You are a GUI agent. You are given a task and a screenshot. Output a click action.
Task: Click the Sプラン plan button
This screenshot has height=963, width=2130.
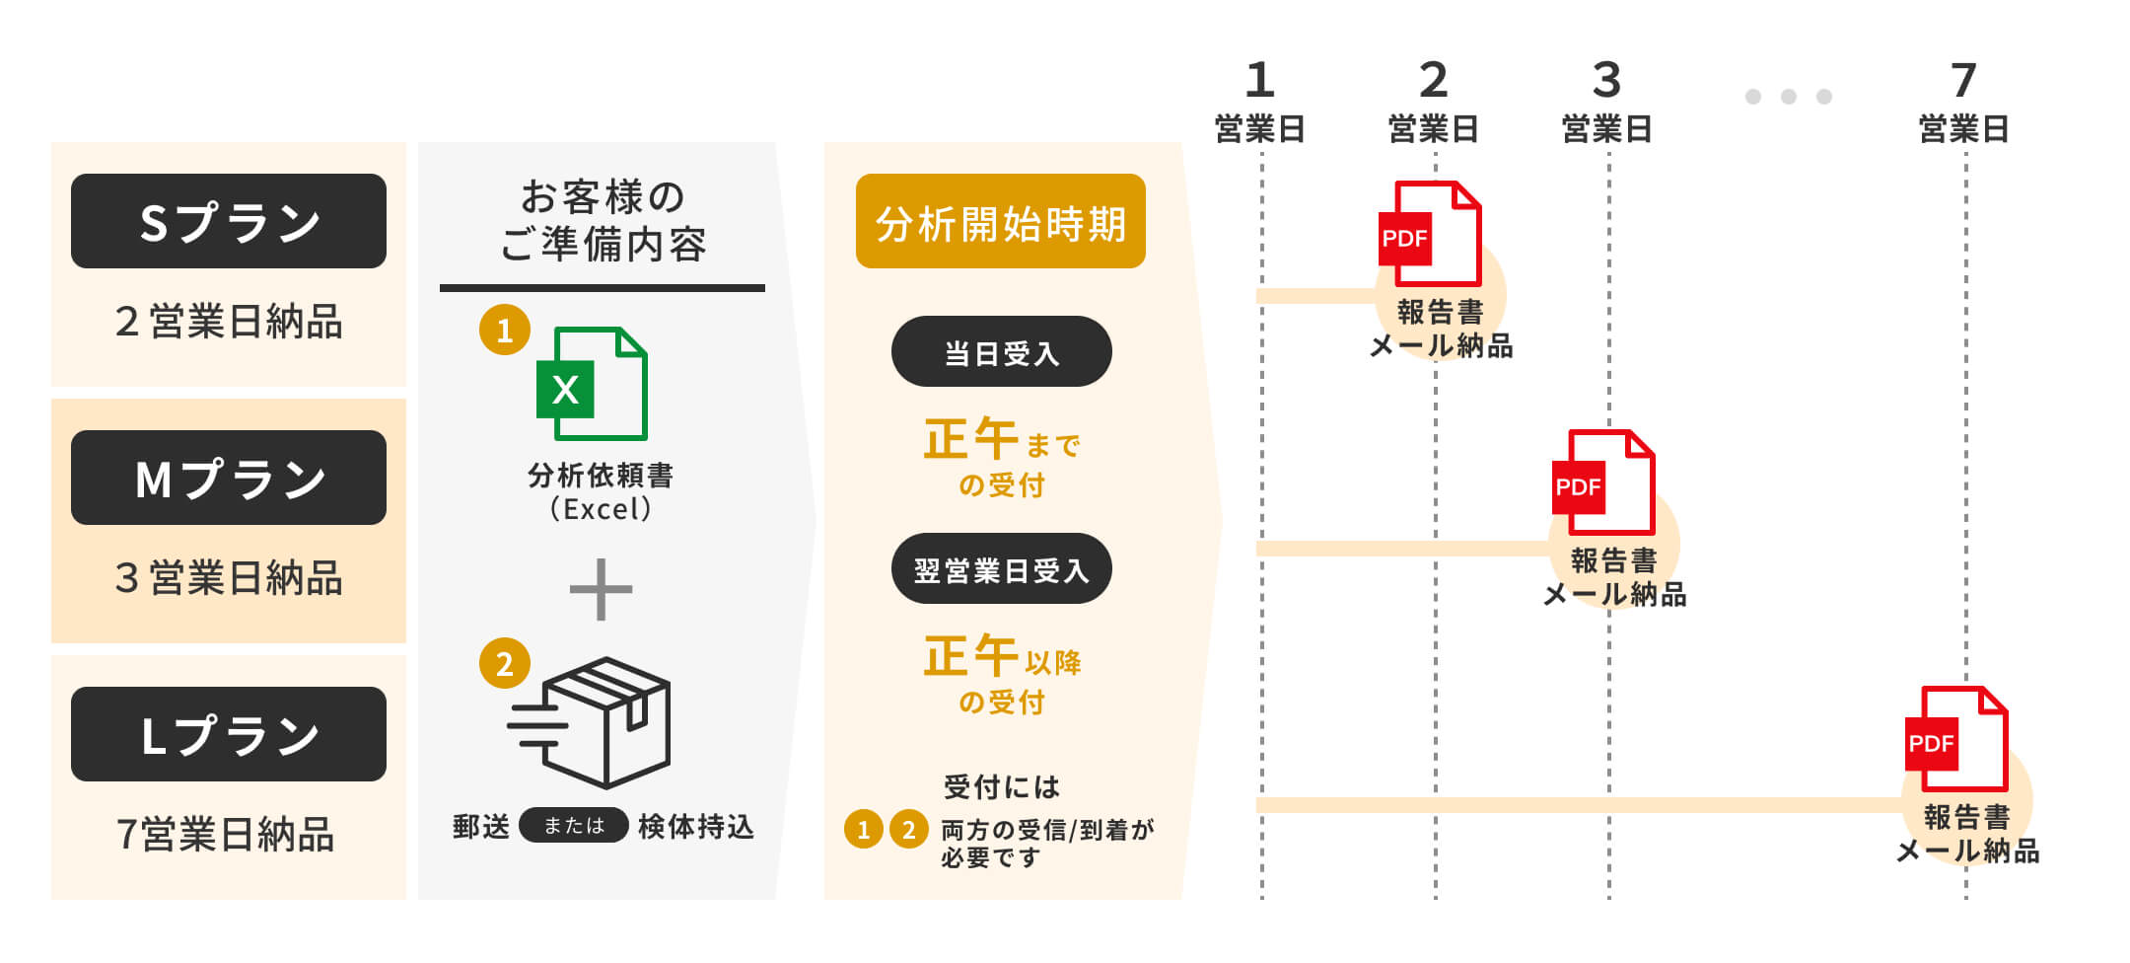pyautogui.click(x=229, y=221)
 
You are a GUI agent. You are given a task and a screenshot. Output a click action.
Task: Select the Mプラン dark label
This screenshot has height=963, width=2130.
pyautogui.click(x=229, y=478)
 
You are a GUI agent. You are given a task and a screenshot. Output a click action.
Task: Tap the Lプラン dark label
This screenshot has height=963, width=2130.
pyautogui.click(x=229, y=734)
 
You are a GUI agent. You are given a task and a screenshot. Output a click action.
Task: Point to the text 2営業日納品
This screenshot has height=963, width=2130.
pyautogui.click(x=229, y=322)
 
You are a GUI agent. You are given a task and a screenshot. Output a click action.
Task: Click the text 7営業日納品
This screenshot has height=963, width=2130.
pyautogui.click(x=226, y=835)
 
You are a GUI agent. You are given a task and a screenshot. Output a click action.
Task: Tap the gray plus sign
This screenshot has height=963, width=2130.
pyautogui.click(x=601, y=590)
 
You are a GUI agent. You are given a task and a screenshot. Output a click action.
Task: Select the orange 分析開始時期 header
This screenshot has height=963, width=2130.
pyautogui.click(x=1000, y=221)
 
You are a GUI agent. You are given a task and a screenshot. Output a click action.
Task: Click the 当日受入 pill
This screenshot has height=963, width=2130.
pyautogui.click(x=1001, y=352)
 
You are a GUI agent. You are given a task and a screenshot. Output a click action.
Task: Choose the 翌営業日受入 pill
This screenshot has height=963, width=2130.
pyautogui.click(x=1001, y=569)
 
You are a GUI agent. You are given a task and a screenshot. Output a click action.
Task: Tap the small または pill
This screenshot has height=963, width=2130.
pyautogui.click(x=573, y=825)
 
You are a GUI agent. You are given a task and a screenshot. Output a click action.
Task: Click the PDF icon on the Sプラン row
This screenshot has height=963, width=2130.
pyautogui.click(x=1430, y=234)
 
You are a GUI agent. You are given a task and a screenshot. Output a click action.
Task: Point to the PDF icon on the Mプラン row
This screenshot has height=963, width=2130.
pyautogui.click(x=1603, y=482)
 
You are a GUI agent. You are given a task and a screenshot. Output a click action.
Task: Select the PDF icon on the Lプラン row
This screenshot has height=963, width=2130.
pyautogui.click(x=1956, y=739)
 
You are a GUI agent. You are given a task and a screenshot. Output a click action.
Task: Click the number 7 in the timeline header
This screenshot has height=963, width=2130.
pyautogui.click(x=1963, y=80)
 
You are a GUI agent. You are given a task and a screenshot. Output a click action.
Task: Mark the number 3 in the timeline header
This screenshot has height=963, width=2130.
pyautogui.click(x=1606, y=80)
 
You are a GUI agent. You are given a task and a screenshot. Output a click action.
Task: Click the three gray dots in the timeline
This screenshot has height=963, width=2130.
pyautogui.click(x=1788, y=97)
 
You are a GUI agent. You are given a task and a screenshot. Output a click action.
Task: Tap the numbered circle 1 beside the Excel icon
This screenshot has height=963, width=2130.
pyautogui.click(x=505, y=330)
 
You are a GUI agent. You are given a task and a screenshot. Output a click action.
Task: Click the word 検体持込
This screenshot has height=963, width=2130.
pyautogui.click(x=696, y=827)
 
